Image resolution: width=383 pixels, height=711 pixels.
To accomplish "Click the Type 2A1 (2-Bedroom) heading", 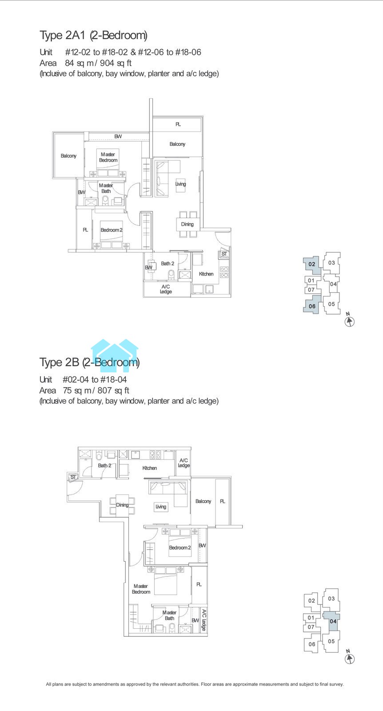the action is click(93, 35).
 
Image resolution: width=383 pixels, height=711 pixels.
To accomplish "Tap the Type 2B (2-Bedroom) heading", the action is click(89, 362).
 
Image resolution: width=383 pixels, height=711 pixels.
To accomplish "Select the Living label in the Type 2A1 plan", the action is click(180, 184).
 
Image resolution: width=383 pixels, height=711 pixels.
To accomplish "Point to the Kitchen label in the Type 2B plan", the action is click(149, 468).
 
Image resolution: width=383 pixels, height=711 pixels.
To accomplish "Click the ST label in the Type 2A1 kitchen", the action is click(224, 254).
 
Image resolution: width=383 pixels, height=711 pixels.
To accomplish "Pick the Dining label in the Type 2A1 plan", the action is click(187, 224).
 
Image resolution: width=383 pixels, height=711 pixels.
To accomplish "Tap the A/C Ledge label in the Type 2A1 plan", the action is click(166, 289).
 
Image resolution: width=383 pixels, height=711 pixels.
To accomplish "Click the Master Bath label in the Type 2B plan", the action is click(169, 615).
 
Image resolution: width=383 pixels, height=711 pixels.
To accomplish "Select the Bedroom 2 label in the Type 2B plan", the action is click(180, 547).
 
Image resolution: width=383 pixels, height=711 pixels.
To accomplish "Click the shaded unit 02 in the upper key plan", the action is click(311, 264).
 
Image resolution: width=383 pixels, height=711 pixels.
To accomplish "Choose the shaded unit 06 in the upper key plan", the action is click(311, 305).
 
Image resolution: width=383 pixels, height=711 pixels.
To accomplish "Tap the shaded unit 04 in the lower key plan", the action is click(332, 621).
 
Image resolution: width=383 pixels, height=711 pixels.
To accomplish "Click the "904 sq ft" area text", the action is click(116, 63).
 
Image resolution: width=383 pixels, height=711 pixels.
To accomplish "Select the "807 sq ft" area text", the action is click(113, 391).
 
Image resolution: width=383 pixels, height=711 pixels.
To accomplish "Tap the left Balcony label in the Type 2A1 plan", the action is click(68, 156).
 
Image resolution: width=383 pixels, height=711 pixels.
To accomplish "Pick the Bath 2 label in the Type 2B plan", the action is click(104, 465).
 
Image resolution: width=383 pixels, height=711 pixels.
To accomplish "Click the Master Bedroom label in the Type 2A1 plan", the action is click(108, 157).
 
